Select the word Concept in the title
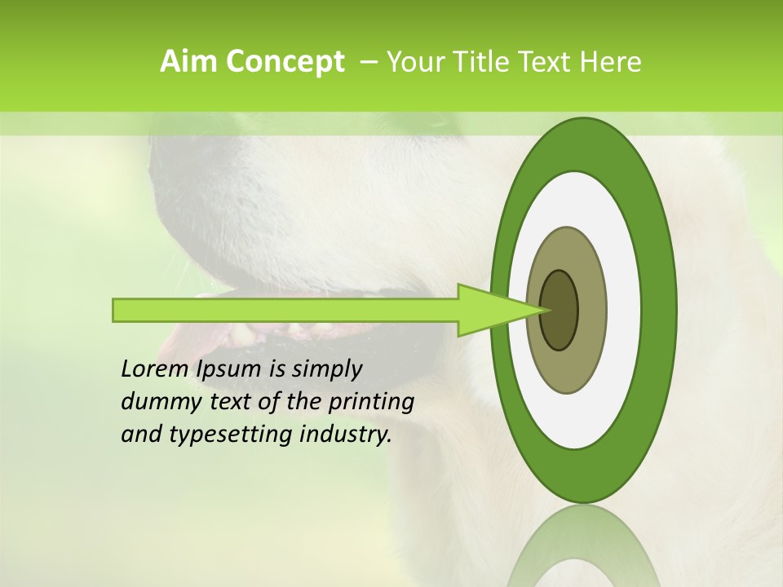tap(284, 62)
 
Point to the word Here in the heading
tap(610, 62)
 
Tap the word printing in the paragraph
tap(370, 402)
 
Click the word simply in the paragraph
tap(327, 369)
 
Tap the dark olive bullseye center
tap(560, 310)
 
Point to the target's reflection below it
tap(583, 554)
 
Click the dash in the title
tap(368, 62)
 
